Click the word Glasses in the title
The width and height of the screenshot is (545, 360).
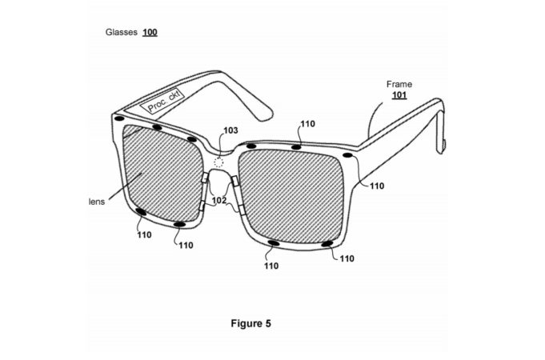[122, 32]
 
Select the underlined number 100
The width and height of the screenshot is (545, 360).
[150, 32]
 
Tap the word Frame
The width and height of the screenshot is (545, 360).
[399, 84]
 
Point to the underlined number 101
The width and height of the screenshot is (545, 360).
[399, 95]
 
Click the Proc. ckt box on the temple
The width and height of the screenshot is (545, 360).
[162, 101]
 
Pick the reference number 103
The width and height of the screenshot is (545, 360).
[230, 130]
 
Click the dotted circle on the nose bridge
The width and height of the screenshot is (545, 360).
[218, 162]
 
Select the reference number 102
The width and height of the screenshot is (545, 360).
[219, 201]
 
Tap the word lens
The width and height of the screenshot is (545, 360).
[97, 202]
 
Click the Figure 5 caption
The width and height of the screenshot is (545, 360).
[250, 323]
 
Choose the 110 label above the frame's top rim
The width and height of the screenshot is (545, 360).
[307, 124]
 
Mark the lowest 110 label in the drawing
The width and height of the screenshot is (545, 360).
[271, 266]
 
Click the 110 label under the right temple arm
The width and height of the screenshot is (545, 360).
[377, 186]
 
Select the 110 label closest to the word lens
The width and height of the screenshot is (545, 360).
[144, 235]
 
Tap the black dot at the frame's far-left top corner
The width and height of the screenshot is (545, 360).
[119, 118]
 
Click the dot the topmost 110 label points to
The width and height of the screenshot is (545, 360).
[296, 147]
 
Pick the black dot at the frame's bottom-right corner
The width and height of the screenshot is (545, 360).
[327, 244]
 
